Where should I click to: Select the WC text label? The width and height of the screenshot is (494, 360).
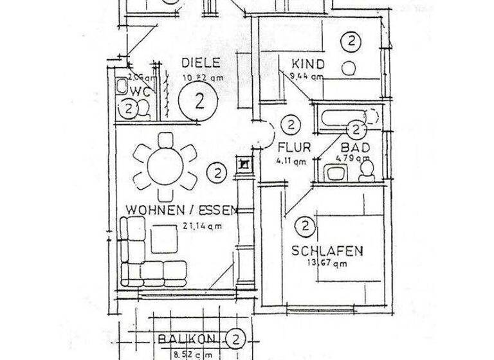point(143,92)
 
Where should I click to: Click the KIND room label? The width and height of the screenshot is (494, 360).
point(307,64)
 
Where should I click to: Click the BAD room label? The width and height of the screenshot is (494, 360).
point(354,148)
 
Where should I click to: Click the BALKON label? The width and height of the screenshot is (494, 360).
point(189,339)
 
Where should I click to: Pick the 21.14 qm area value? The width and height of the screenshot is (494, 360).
point(203,225)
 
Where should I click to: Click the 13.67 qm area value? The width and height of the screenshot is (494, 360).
point(330,262)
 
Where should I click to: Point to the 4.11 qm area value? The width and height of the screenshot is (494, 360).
point(291,162)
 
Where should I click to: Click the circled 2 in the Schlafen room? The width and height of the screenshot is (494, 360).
point(304,226)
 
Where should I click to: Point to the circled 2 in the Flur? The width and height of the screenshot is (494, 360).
point(291,123)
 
